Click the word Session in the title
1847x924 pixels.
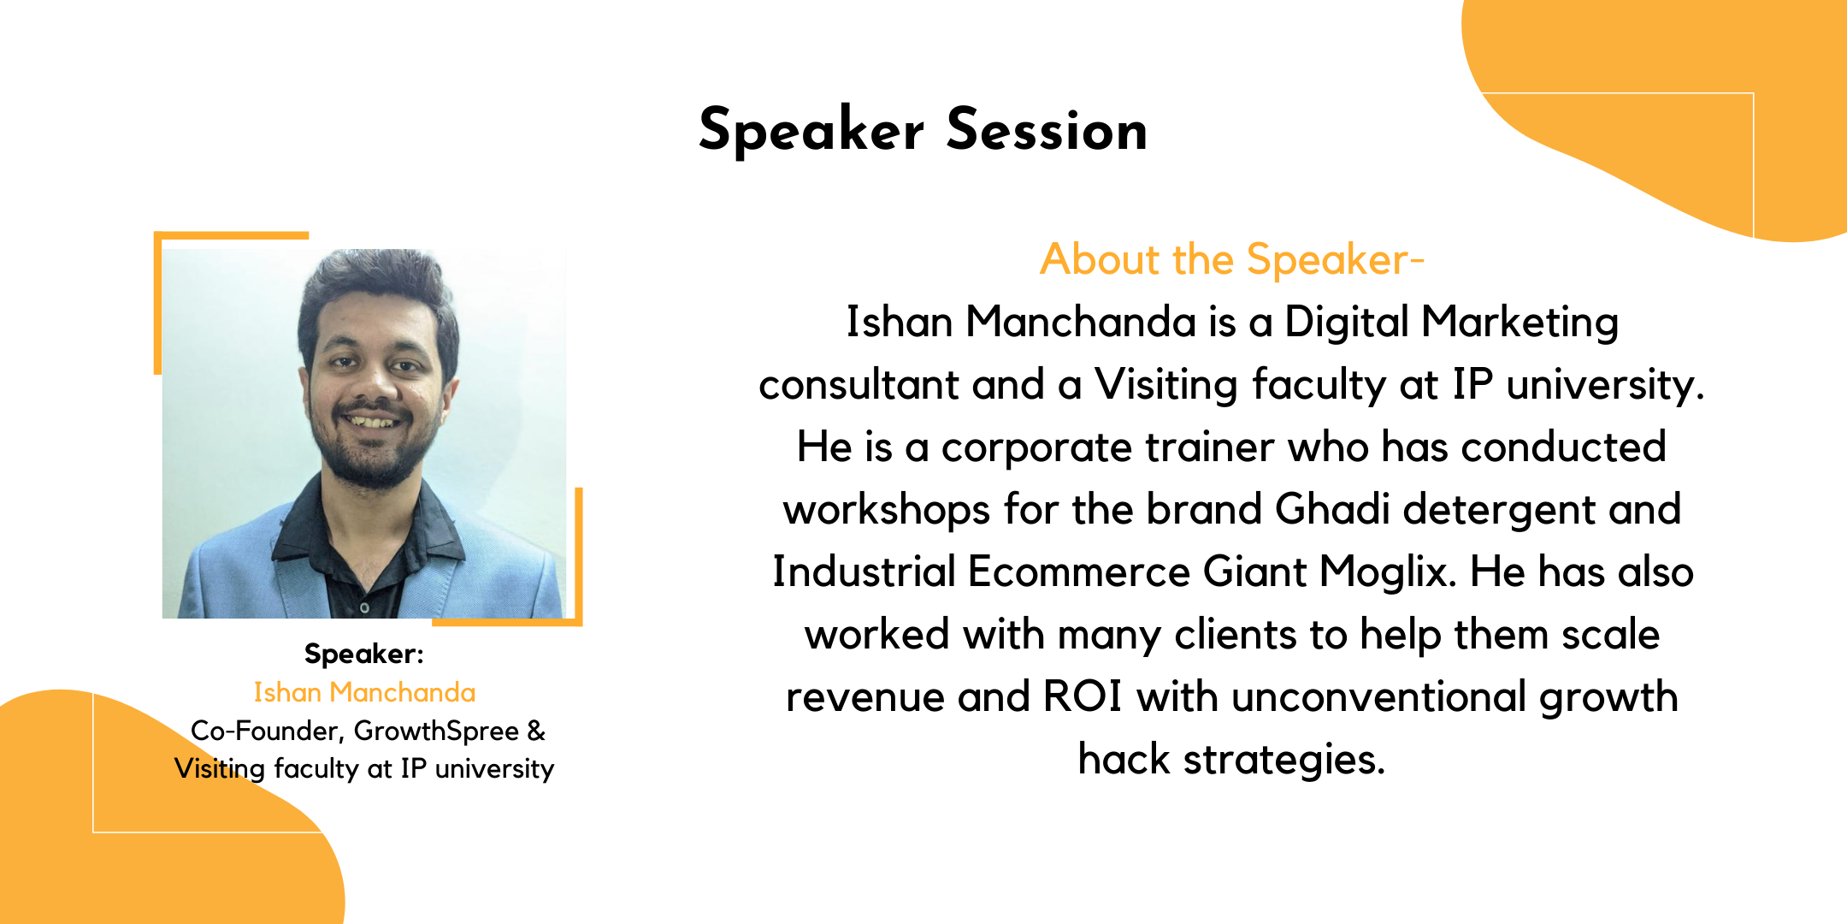(1047, 130)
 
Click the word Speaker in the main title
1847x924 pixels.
(811, 132)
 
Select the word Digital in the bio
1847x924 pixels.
(1346, 323)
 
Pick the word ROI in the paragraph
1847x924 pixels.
(1083, 696)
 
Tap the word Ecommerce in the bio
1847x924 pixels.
(1078, 572)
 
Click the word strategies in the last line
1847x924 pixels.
(1283, 760)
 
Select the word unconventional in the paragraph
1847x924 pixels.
(1378, 696)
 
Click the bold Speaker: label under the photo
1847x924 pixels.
(364, 654)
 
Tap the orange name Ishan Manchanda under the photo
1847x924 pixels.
(364, 691)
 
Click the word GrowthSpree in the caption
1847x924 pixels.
(436, 731)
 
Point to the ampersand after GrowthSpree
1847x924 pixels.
(536, 731)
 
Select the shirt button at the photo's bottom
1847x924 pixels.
(364, 607)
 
